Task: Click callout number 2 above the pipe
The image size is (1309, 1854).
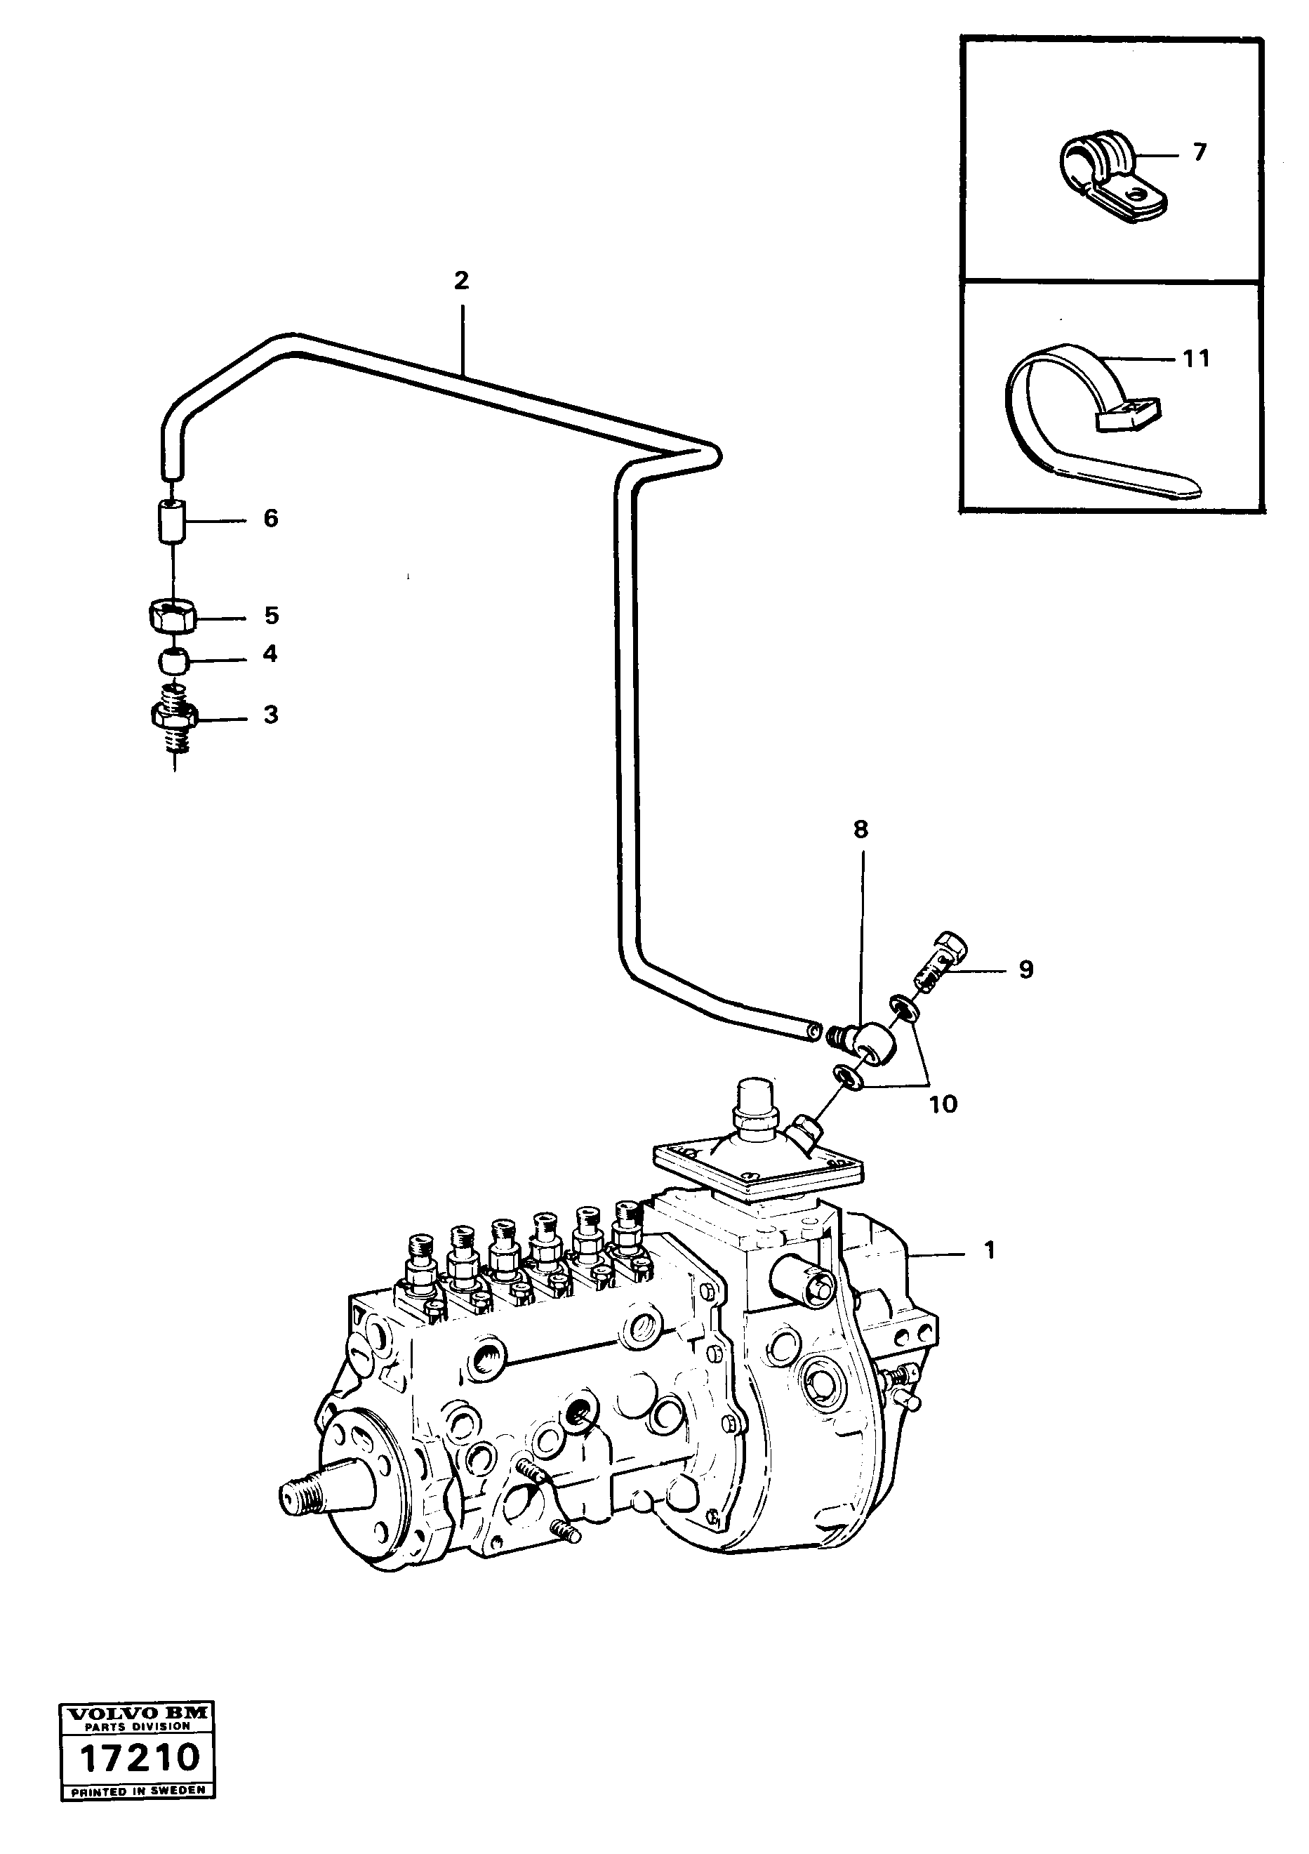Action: [x=461, y=281]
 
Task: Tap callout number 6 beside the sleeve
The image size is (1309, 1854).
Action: [x=270, y=518]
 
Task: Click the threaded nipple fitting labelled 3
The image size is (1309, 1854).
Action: [x=173, y=714]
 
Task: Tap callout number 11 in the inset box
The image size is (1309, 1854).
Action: [x=1197, y=359]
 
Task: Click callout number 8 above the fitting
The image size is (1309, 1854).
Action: [x=861, y=829]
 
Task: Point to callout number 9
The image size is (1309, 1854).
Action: [x=1025, y=969]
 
